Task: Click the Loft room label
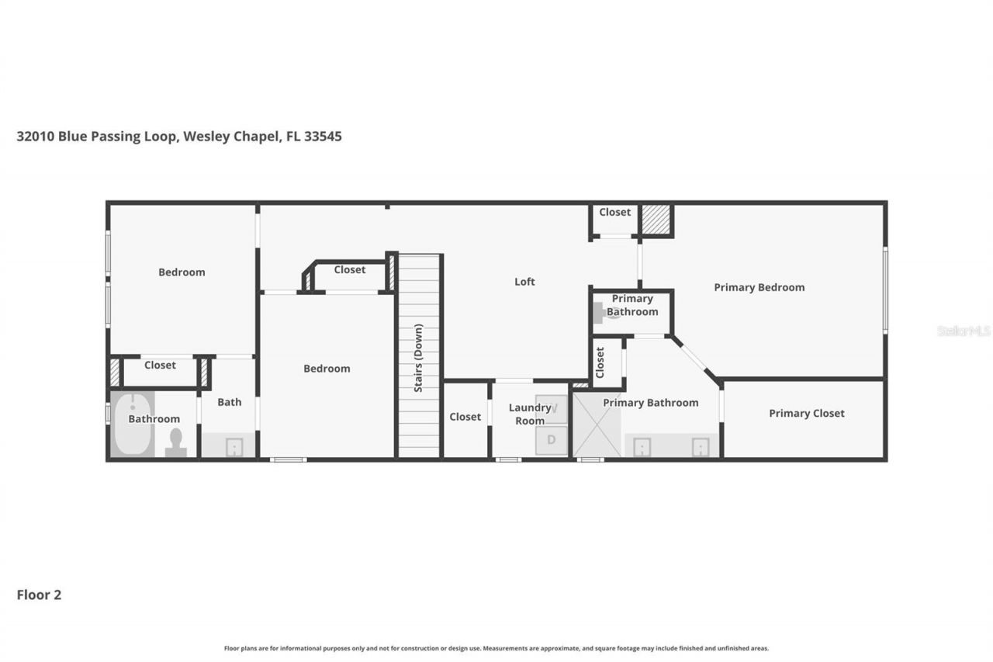[524, 282]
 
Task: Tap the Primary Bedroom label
[759, 287]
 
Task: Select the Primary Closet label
[806, 414]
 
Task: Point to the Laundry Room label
[530, 414]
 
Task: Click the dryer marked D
[552, 440]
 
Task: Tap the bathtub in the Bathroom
[132, 425]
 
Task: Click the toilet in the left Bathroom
[176, 442]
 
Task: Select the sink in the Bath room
[233, 447]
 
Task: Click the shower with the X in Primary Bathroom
[597, 425]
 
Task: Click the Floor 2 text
[39, 595]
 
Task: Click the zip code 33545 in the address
[323, 137]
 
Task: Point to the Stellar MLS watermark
[964, 331]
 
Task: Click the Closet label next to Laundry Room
[465, 417]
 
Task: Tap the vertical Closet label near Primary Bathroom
[600, 362]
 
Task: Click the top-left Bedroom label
[182, 272]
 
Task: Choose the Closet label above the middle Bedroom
[349, 270]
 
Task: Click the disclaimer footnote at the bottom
[496, 648]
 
